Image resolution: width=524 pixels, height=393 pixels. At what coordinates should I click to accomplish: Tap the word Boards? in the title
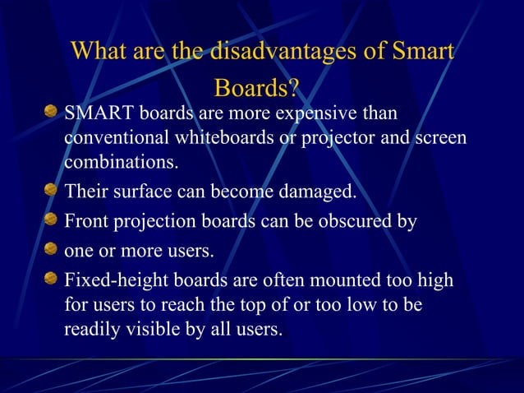tap(256, 87)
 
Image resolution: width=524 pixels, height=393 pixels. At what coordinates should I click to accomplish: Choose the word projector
tap(324, 136)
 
